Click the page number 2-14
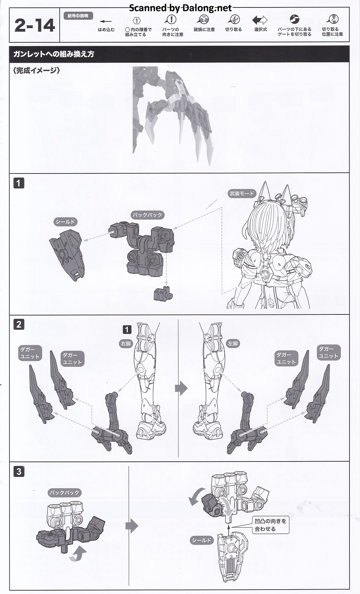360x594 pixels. (35, 26)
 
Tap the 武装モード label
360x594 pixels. (242, 193)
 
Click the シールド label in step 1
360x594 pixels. (65, 222)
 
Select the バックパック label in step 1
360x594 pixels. (147, 215)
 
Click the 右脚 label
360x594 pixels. (126, 344)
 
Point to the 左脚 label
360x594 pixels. (233, 344)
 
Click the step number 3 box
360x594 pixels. (19, 471)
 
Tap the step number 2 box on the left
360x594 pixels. (19, 324)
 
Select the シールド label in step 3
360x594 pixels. (202, 540)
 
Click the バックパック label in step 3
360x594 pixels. (64, 493)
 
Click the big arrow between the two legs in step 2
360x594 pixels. (181, 388)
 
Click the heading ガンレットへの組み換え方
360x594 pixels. (54, 54)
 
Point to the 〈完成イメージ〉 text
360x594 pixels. (36, 71)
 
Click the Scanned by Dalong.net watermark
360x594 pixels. (180, 8)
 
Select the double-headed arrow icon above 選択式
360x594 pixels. (260, 20)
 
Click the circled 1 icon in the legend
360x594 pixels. (136, 21)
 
